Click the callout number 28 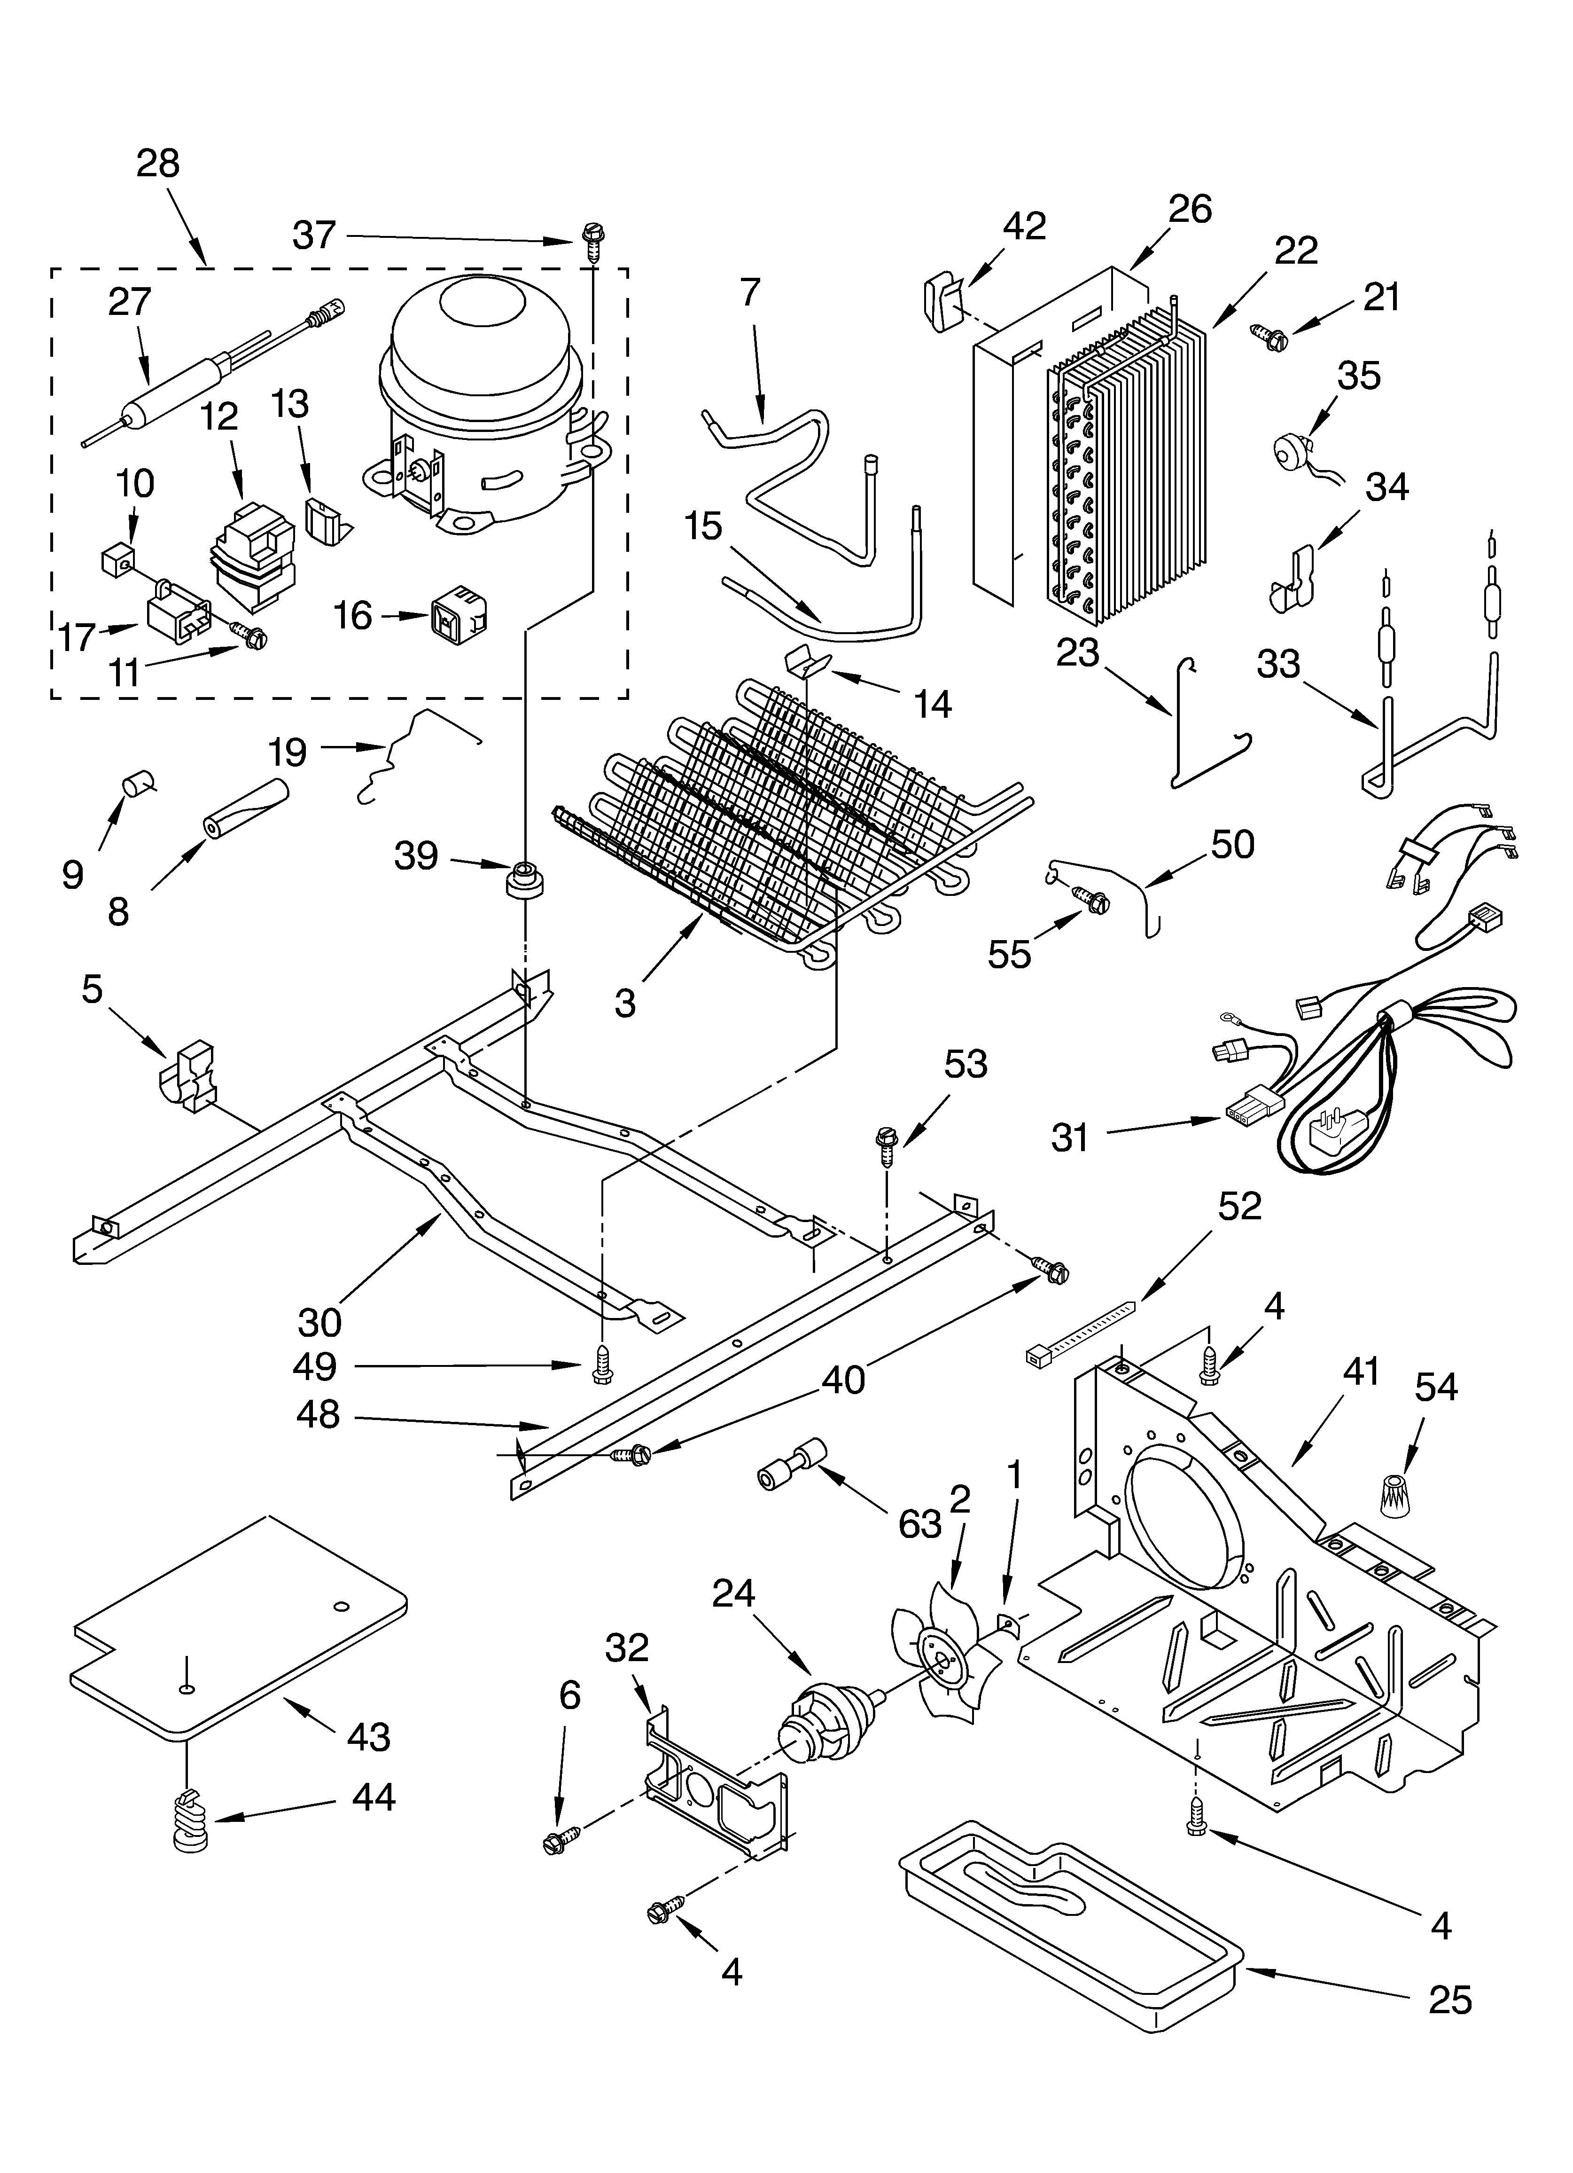point(158,164)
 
